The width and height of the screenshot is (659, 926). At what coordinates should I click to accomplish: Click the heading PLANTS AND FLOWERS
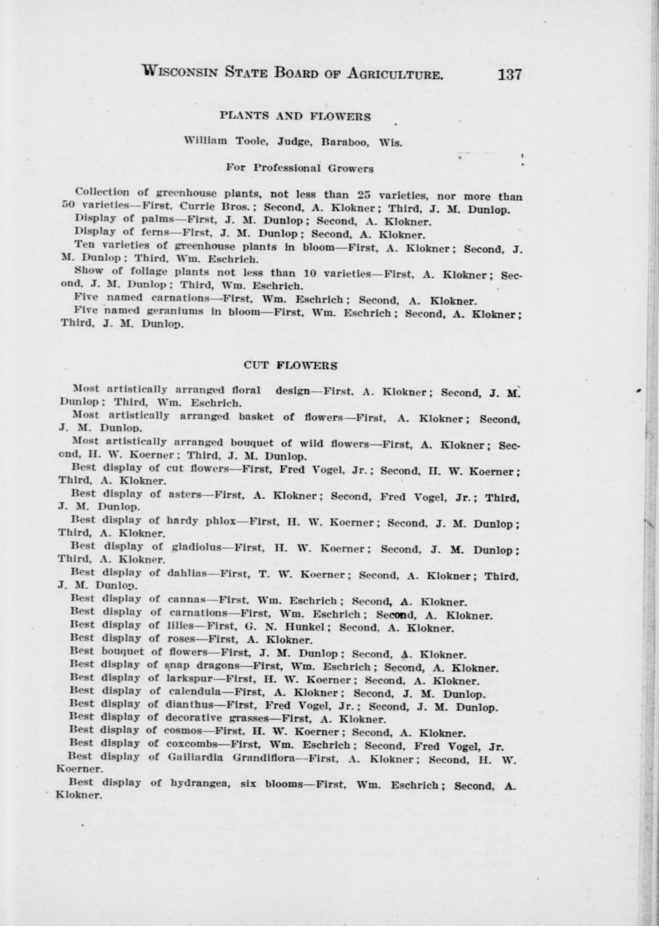(295, 117)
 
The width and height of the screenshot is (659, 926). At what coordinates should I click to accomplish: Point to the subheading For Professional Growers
(299, 168)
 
